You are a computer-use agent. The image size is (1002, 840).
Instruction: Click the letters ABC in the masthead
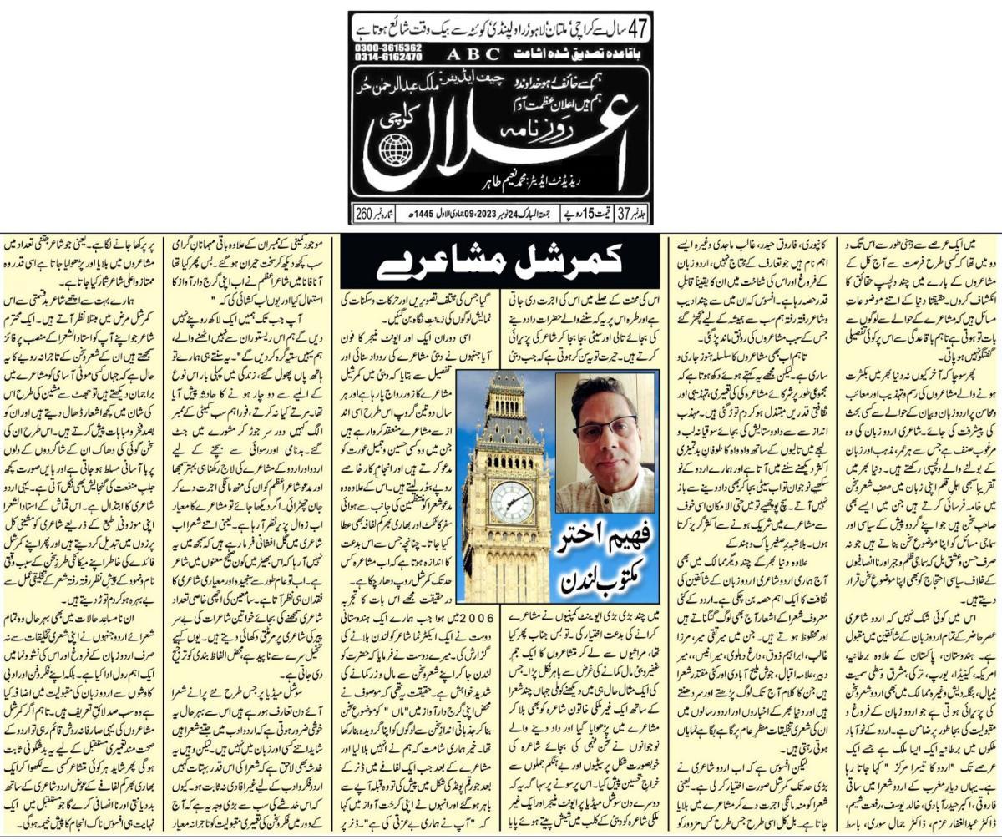point(471,55)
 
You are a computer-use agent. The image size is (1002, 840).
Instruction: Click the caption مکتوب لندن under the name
point(598,576)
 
